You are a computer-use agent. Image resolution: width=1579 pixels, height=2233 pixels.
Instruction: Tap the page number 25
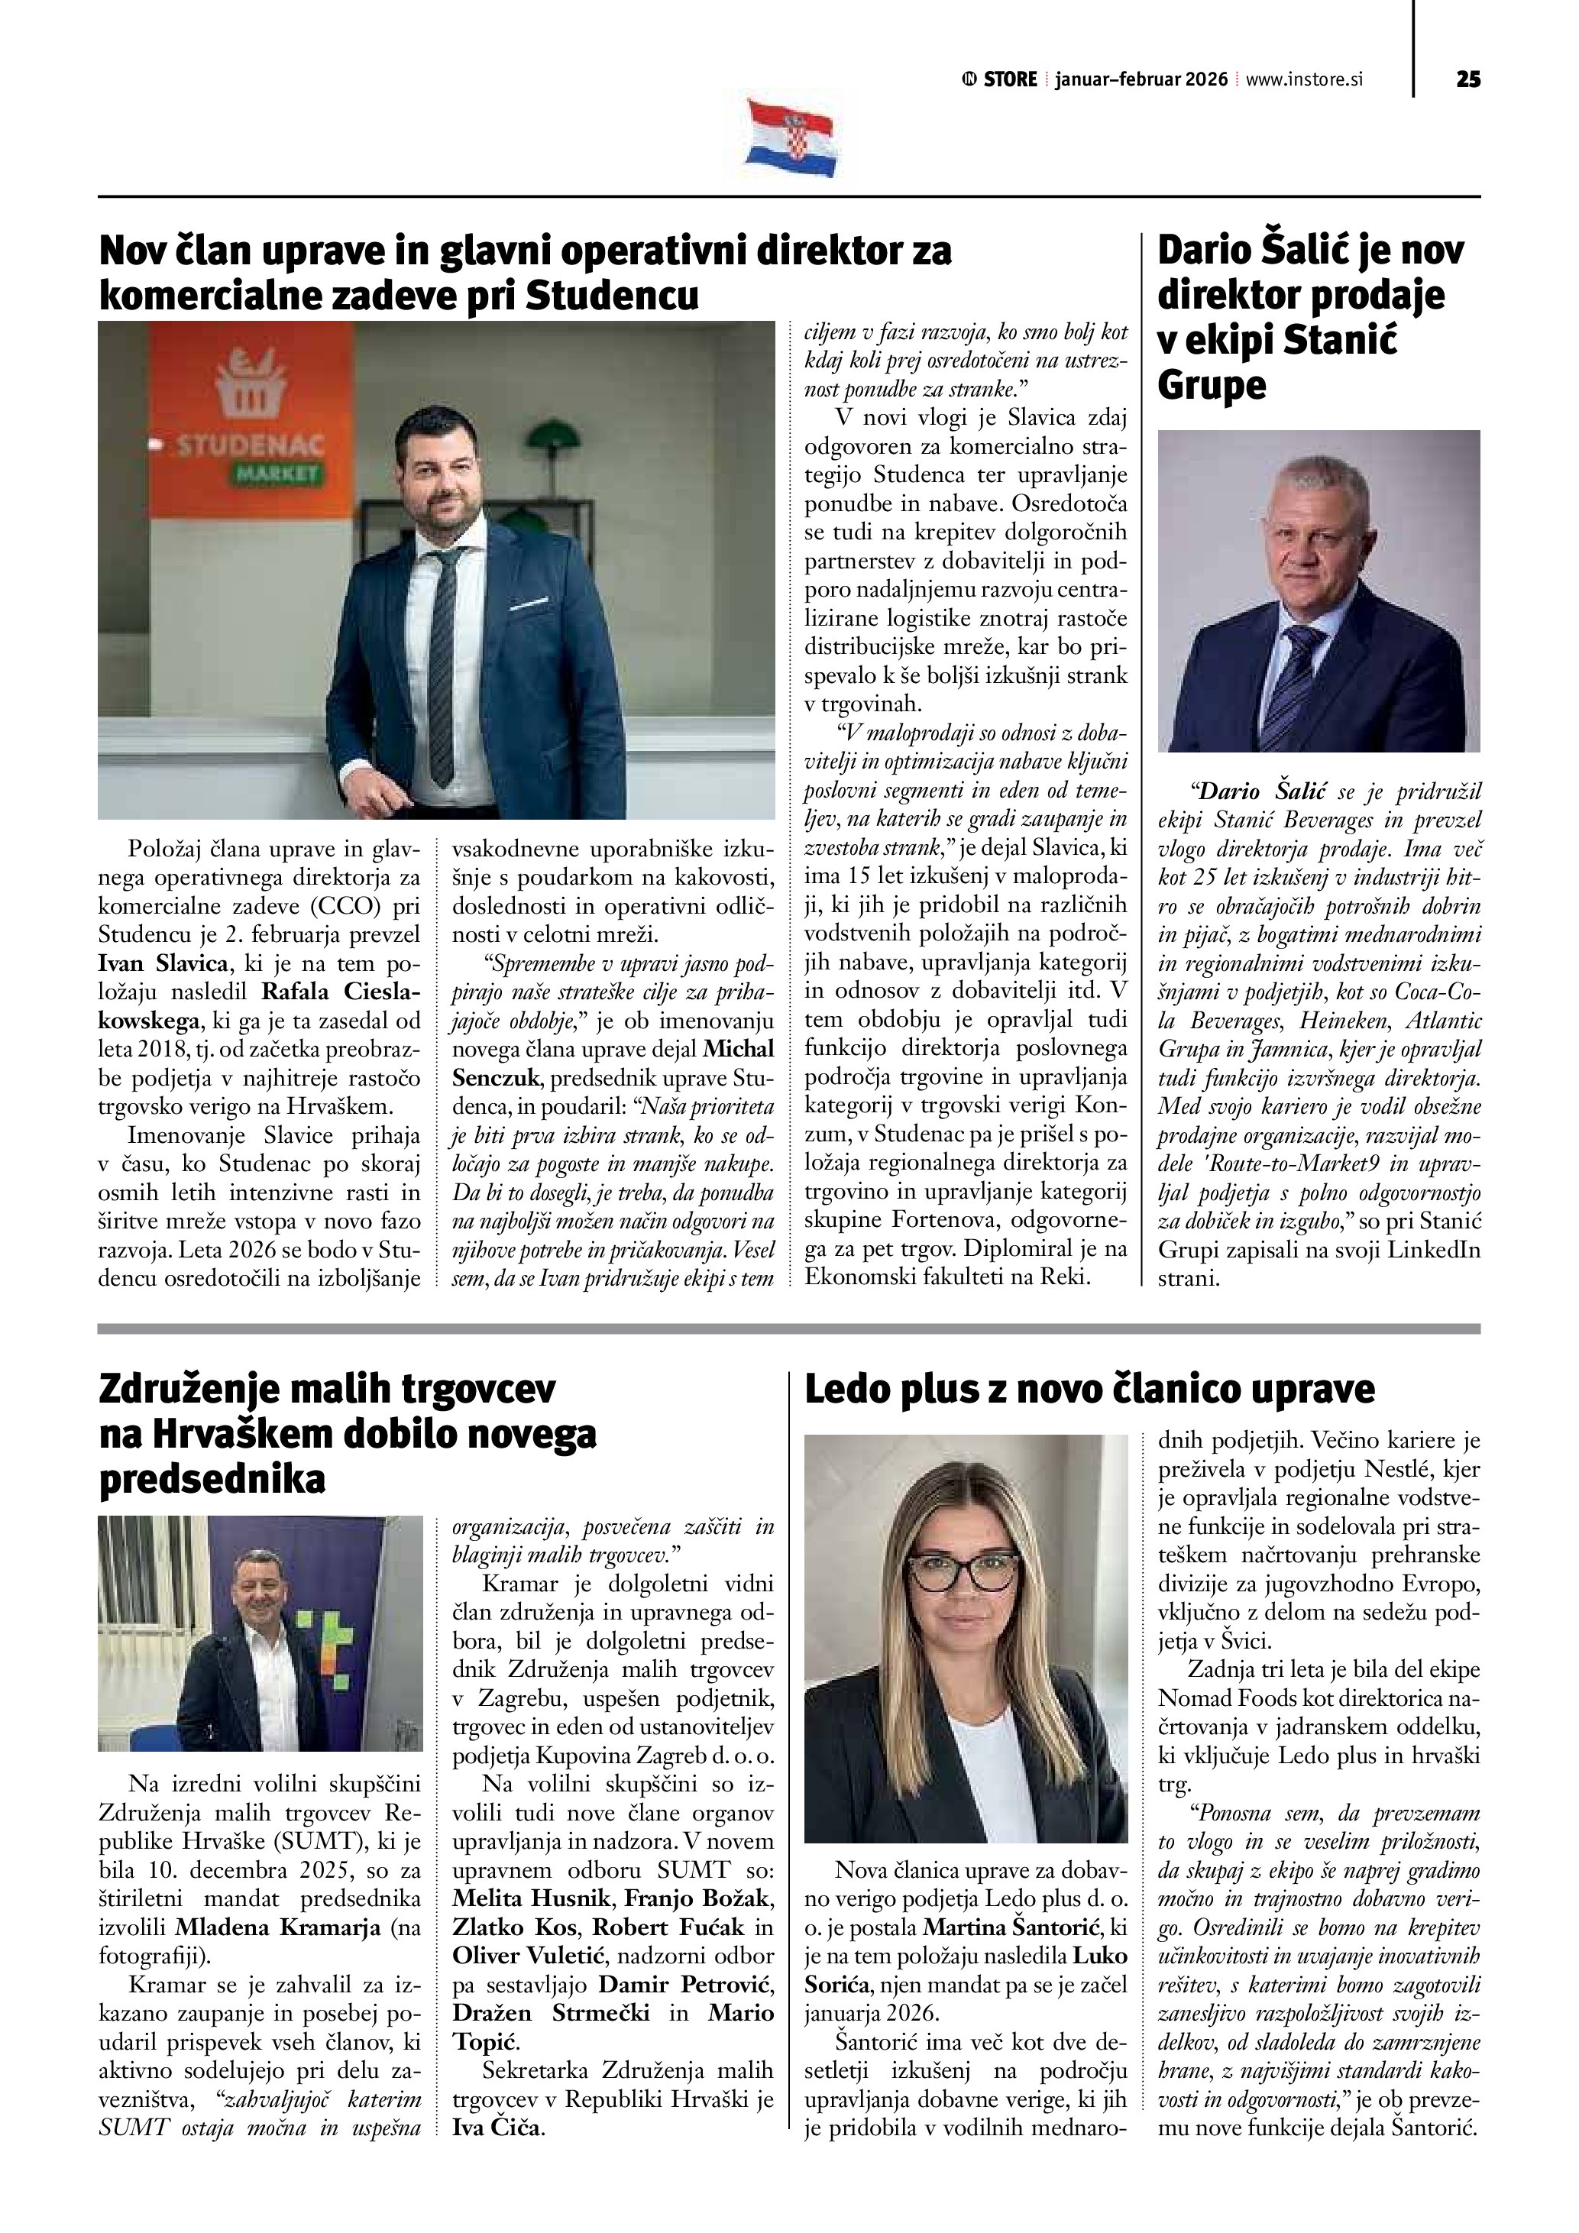(1468, 79)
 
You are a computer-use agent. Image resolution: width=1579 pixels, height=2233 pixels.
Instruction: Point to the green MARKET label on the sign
(277, 474)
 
